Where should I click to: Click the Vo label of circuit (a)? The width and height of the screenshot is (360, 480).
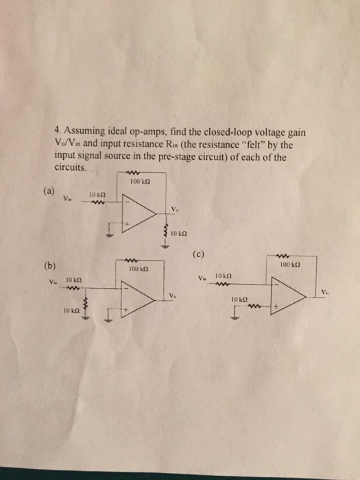(x=176, y=209)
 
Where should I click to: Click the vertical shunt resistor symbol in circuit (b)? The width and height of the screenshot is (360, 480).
(x=86, y=305)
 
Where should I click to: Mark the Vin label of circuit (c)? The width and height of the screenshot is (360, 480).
(x=201, y=278)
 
